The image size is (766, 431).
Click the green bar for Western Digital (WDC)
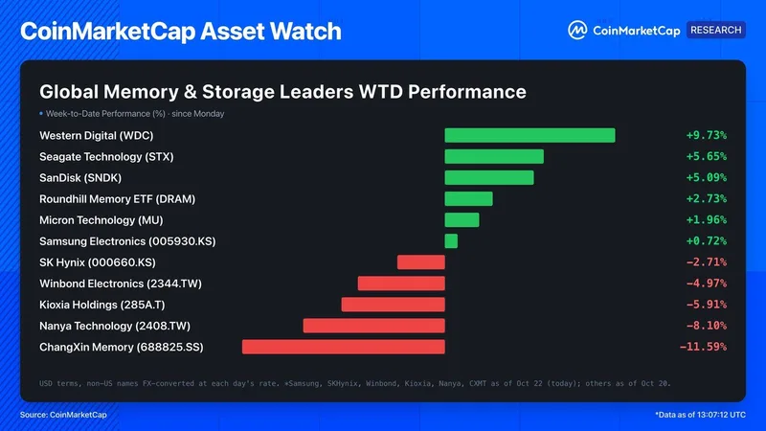(529, 135)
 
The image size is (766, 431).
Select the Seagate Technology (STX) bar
(494, 156)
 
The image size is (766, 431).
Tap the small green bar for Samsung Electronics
(451, 241)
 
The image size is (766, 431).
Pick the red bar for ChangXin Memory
(344, 347)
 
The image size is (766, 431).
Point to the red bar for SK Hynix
(421, 262)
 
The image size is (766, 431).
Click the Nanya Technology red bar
(373, 326)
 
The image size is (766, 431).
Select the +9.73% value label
(707, 135)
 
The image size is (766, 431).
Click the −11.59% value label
(703, 347)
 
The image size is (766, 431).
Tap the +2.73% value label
(707, 199)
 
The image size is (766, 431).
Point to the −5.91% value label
(707, 305)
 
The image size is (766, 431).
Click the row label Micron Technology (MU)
(101, 220)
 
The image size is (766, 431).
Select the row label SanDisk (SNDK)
(80, 178)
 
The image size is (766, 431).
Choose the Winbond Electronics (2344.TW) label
(121, 284)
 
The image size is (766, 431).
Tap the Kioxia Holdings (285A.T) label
(102, 305)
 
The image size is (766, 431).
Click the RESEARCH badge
(715, 30)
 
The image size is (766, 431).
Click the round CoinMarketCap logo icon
(577, 31)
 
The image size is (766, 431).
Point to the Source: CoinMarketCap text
(63, 415)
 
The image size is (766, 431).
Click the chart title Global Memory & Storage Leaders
(196, 92)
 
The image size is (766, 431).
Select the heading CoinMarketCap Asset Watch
(181, 32)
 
